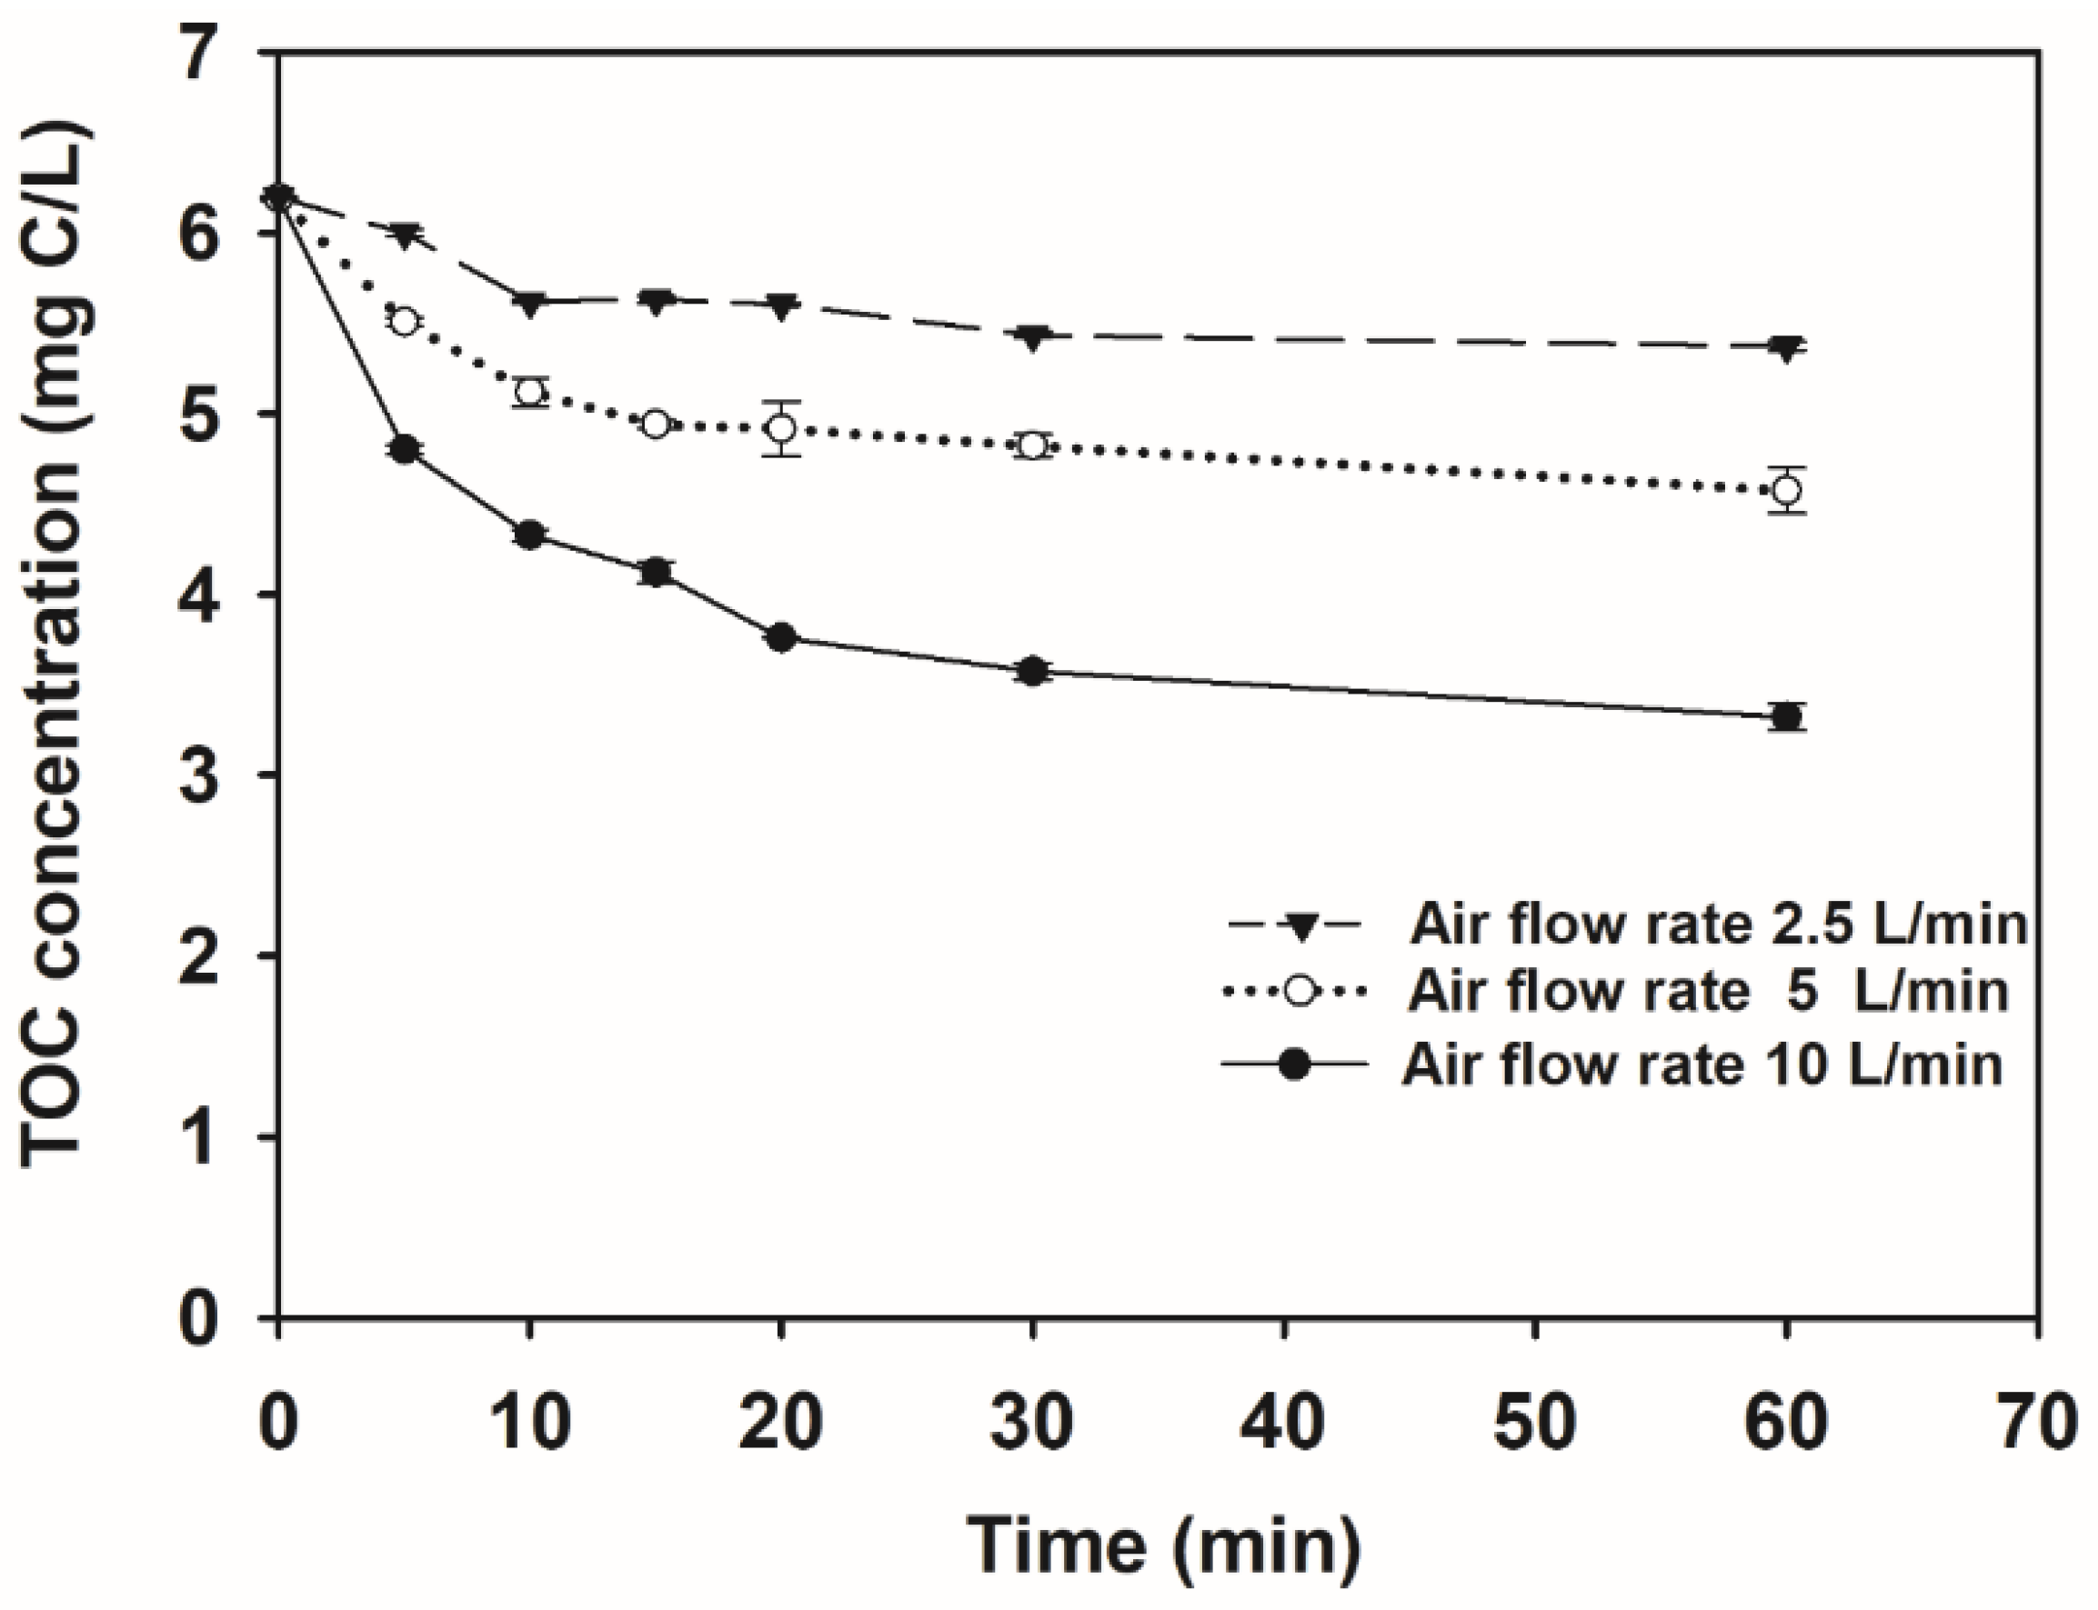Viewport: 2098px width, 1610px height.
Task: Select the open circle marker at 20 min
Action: tap(781, 427)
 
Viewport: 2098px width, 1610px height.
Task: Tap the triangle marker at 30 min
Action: tap(1032, 337)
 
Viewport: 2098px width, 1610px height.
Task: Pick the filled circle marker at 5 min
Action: tap(405, 449)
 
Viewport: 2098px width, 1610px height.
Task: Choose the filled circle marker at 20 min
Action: tap(781, 638)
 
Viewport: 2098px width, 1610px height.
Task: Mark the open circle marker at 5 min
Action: tap(405, 321)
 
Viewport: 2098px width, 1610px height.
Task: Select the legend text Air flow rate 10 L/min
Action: tap(1702, 1065)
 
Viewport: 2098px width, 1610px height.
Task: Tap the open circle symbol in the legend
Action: tap(1299, 992)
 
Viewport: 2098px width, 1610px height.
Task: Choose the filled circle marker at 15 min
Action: tap(656, 572)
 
